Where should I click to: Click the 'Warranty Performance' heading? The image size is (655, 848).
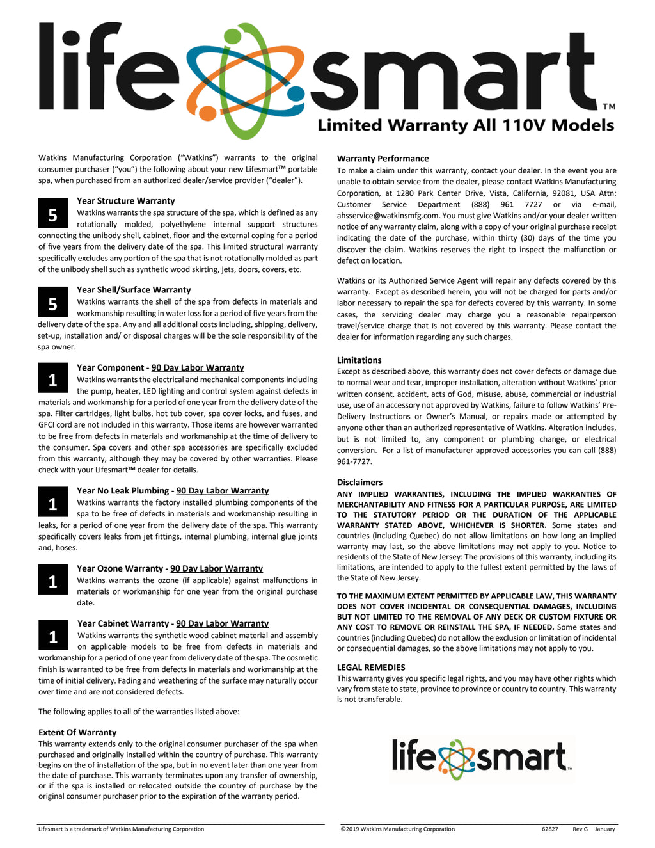383,159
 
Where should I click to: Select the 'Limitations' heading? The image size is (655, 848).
359,360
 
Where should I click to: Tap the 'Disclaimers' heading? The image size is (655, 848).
359,483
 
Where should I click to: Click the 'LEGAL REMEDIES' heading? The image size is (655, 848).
371,668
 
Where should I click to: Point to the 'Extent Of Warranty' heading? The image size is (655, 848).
77,733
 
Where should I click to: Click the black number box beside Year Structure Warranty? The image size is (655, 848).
53,215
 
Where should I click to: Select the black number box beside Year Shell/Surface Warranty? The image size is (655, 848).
53,304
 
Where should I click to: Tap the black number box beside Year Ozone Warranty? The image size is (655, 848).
53,581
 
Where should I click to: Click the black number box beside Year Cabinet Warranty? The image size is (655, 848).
53,637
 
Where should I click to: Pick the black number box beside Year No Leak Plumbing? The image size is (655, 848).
53,504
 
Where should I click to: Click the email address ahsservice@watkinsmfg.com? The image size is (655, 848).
388,216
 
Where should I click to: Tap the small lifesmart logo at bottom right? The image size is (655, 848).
481,758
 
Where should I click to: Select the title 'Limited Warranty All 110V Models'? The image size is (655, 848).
466,125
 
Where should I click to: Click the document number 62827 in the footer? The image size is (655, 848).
549,829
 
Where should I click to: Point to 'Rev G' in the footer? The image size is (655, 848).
580,829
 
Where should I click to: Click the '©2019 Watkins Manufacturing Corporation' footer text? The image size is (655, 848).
397,829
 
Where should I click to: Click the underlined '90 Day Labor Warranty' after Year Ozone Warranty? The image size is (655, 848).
216,569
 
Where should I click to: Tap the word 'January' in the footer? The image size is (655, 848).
604,829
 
